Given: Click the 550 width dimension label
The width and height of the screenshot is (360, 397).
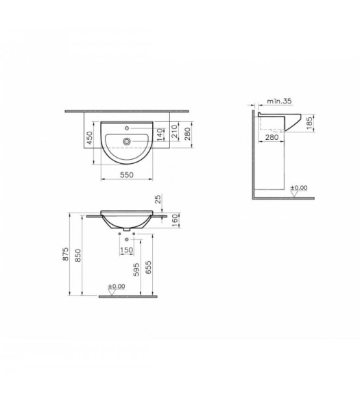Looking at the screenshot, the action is click(x=127, y=175).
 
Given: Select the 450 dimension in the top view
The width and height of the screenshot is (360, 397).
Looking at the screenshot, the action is click(x=90, y=138).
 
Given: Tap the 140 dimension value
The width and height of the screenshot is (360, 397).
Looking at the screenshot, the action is click(x=160, y=134).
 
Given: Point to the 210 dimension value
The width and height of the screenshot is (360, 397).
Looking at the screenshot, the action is click(x=175, y=132).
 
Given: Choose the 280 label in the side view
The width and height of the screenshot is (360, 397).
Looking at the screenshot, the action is click(x=272, y=137).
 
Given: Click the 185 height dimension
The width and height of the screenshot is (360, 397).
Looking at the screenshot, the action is click(x=309, y=123).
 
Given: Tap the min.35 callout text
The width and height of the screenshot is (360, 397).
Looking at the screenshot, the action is click(x=280, y=101).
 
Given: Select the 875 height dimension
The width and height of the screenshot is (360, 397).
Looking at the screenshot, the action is click(x=66, y=254).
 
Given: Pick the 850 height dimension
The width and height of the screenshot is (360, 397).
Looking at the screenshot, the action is click(x=78, y=256).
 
